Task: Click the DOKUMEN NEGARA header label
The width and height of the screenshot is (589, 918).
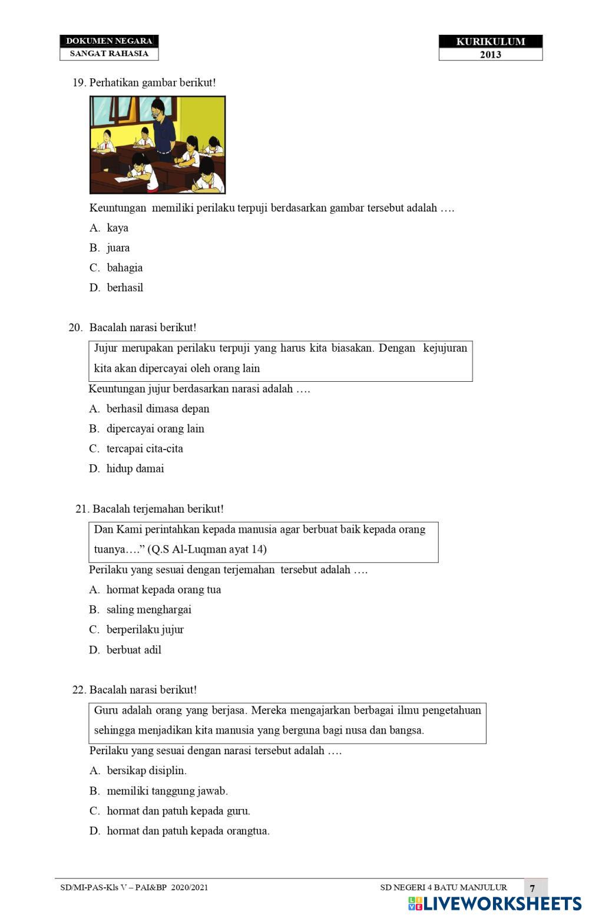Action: [109, 41]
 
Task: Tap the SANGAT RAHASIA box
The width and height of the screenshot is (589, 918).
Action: [109, 54]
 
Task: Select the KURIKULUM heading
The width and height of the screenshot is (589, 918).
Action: [490, 41]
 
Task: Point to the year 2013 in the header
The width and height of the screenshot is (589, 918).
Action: [490, 55]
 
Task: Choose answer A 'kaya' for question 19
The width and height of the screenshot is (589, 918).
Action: [117, 228]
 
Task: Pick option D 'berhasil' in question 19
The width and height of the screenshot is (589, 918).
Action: [125, 288]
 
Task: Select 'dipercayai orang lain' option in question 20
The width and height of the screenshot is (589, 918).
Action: [155, 429]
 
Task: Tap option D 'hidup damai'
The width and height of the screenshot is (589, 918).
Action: [135, 469]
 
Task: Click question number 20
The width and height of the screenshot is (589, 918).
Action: [75, 328]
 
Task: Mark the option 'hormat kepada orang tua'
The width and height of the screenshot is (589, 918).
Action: [163, 590]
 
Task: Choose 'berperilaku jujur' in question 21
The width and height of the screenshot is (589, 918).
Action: [145, 630]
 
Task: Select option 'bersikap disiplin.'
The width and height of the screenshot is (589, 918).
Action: [146, 771]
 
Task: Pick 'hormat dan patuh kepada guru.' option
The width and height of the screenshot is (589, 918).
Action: [178, 811]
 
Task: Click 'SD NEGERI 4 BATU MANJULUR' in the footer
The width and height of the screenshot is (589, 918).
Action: [443, 887]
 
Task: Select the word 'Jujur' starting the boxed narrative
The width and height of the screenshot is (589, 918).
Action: [105, 348]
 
